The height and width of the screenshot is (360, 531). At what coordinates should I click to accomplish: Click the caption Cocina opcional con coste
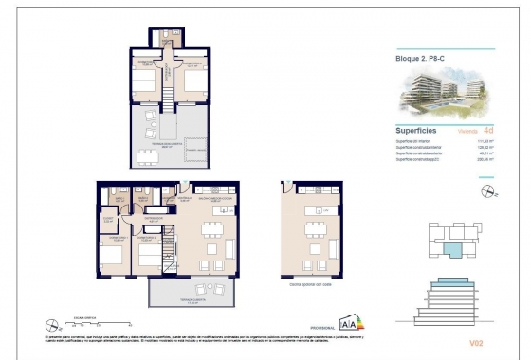(x=310, y=284)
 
